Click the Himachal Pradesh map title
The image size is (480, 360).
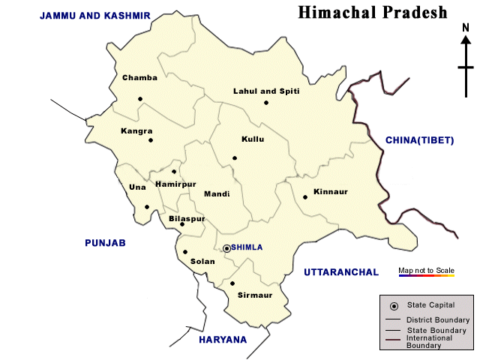tap(372, 13)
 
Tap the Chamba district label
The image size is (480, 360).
tap(139, 78)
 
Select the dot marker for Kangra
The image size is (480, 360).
tap(151, 140)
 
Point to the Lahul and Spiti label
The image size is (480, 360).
tap(266, 91)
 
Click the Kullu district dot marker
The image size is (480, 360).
tap(235, 158)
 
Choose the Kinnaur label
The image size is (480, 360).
tap(331, 192)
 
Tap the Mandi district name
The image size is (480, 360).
tap(217, 193)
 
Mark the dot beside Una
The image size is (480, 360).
tap(148, 208)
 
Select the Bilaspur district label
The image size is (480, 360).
tap(187, 218)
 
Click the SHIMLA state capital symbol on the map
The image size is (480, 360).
tap(226, 248)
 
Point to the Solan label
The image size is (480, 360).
tap(202, 262)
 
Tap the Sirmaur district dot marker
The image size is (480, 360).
tap(232, 283)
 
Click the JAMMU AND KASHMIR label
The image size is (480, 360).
tap(95, 16)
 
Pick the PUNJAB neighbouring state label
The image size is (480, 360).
tap(104, 243)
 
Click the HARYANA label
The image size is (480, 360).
tap(223, 340)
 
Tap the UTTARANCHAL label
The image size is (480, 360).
tap(341, 272)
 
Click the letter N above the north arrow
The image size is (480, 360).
tap(466, 28)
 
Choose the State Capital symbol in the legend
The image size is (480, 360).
tap(394, 306)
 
